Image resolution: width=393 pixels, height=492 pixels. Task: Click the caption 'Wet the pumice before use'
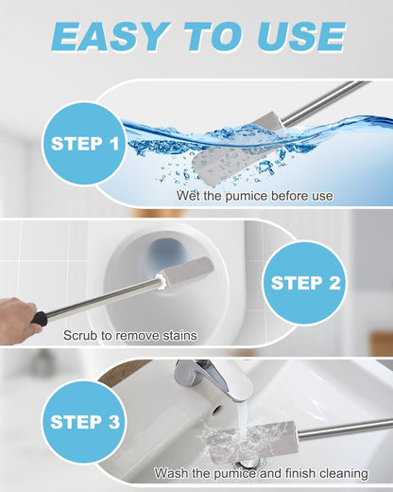click(x=254, y=196)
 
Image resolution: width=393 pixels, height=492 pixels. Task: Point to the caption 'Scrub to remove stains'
click(x=129, y=335)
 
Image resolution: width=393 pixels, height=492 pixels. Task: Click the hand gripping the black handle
click(x=17, y=315)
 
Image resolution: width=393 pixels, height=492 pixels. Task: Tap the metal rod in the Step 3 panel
click(x=345, y=428)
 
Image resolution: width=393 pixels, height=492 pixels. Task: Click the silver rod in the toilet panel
click(x=104, y=300)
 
